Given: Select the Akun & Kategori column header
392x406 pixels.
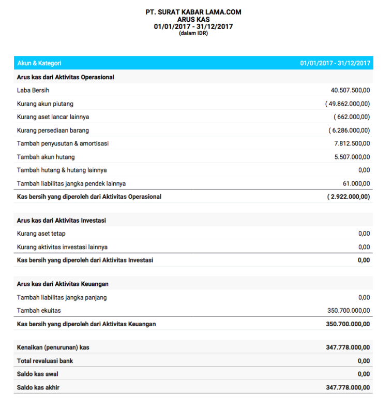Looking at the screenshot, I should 39,63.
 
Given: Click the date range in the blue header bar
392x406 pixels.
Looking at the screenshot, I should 335,63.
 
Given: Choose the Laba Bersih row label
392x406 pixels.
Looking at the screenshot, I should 33,90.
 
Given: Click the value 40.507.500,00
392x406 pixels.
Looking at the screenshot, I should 350,90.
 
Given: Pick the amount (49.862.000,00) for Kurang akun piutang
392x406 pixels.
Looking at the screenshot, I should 348,104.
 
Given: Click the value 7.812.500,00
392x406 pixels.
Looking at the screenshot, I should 352,143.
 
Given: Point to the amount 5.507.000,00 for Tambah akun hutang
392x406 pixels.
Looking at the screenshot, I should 352,157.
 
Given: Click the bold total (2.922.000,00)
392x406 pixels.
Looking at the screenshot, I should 349,197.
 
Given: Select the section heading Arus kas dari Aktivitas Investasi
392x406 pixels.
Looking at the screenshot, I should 62,221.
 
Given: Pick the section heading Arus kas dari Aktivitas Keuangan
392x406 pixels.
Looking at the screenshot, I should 63,284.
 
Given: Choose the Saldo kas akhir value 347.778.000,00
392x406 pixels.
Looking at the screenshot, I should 348,387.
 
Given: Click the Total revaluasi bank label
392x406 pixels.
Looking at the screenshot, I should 45,361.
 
